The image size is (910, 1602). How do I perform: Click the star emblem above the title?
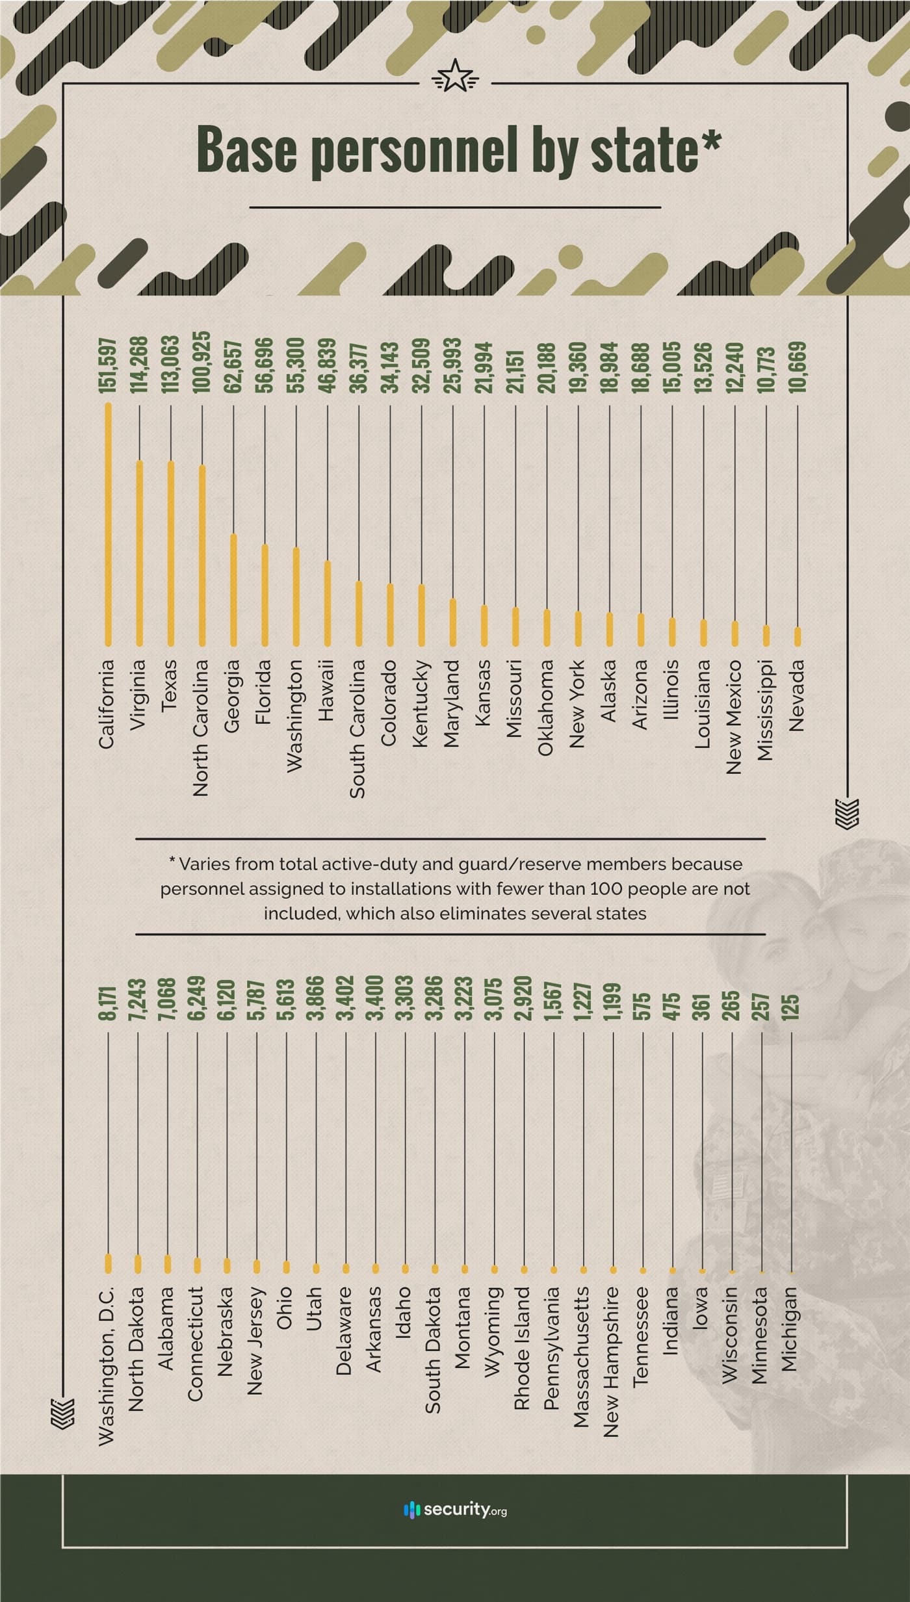pyautogui.click(x=455, y=77)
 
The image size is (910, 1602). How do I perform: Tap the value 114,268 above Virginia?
pyautogui.click(x=139, y=365)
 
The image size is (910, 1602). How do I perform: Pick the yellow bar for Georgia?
pyautogui.click(x=233, y=589)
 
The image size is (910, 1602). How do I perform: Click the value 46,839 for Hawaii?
pyautogui.click(x=327, y=365)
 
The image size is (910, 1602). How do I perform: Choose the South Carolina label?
pyautogui.click(x=357, y=729)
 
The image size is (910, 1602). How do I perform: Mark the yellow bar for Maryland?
pyautogui.click(x=453, y=622)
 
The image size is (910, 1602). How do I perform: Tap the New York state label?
pyautogui.click(x=577, y=704)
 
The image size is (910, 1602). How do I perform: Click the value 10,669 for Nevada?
pyautogui.click(x=799, y=367)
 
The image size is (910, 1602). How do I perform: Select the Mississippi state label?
pyautogui.click(x=765, y=710)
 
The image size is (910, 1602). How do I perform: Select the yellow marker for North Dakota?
pyautogui.click(x=138, y=1263)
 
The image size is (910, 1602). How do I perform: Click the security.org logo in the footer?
pyautogui.click(x=455, y=1509)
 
